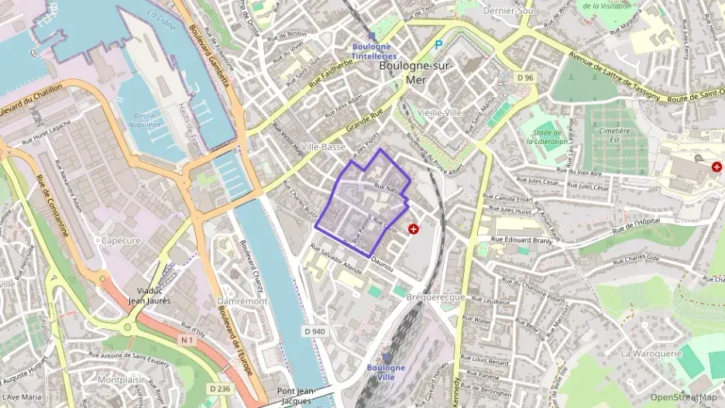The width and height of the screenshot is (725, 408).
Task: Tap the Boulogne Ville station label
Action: (386, 372)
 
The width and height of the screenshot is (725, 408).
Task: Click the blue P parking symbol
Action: (439, 46)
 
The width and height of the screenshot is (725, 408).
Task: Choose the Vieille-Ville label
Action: (439, 112)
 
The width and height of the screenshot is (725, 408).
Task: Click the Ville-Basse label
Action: (324, 146)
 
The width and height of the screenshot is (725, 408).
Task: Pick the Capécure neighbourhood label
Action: (121, 240)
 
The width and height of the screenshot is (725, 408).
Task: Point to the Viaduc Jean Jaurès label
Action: (149, 295)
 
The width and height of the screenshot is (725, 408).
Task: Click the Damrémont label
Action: (242, 300)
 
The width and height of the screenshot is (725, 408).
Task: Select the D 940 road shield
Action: (314, 331)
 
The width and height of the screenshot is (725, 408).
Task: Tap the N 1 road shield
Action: (186, 339)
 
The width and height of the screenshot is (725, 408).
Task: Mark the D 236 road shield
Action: (221, 388)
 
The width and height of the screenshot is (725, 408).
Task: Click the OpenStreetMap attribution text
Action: (683, 397)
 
